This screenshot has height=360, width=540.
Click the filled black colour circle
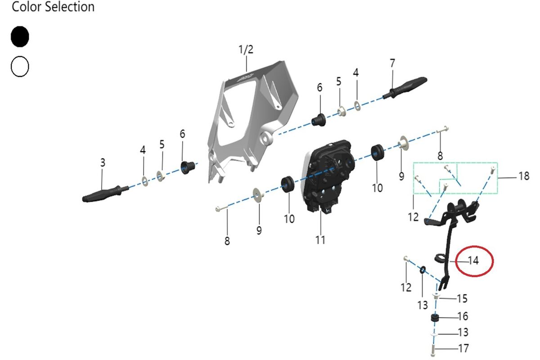click(x=20, y=36)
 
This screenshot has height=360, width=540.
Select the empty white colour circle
click(x=20, y=67)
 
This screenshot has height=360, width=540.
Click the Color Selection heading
click(x=53, y=7)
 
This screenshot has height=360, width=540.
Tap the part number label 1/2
click(x=246, y=49)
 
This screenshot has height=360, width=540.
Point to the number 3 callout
click(x=103, y=163)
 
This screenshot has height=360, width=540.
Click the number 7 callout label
click(x=392, y=63)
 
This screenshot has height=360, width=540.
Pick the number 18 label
click(x=524, y=176)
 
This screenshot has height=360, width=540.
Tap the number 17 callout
click(x=463, y=348)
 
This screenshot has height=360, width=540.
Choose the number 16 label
click(x=463, y=316)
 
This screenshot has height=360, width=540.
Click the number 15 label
click(x=462, y=299)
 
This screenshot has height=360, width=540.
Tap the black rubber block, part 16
click(x=435, y=319)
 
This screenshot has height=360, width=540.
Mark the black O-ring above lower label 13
click(x=423, y=270)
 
